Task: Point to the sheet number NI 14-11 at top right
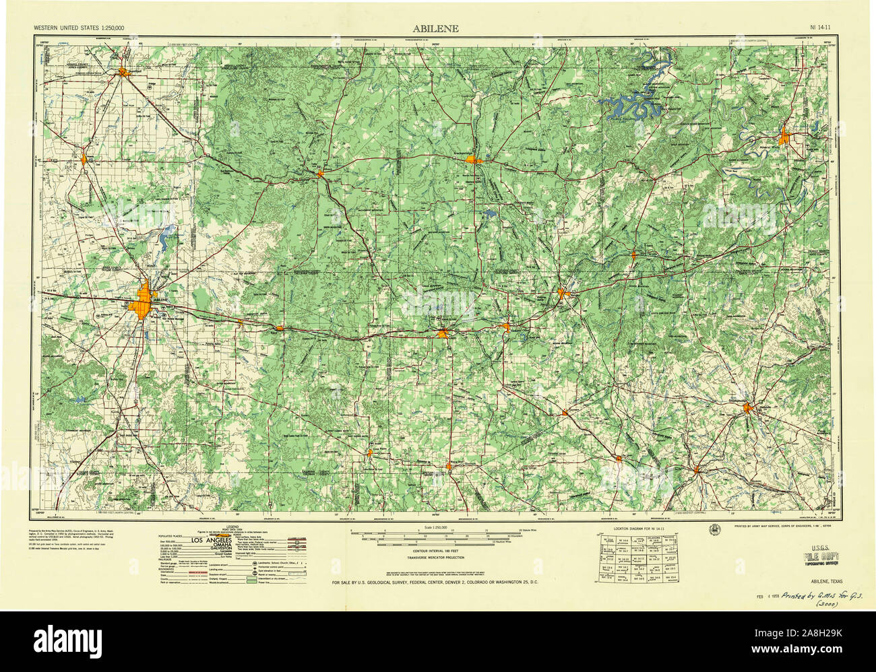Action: click(824, 29)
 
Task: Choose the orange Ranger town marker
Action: click(507, 327)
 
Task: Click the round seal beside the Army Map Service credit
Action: click(714, 529)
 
